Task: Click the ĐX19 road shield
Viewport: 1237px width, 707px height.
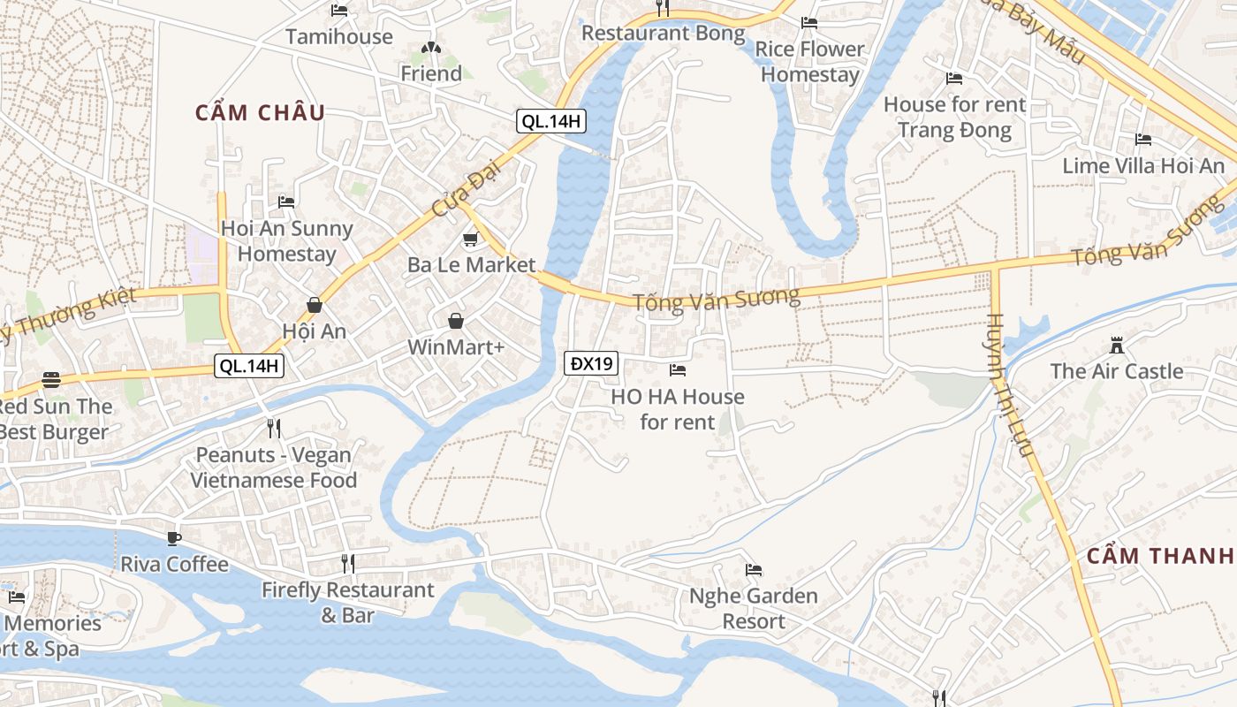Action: click(x=591, y=363)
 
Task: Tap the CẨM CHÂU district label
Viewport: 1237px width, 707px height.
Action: click(x=260, y=112)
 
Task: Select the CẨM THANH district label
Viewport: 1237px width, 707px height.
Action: click(x=1159, y=555)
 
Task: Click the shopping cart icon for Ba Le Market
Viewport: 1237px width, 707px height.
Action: click(x=471, y=239)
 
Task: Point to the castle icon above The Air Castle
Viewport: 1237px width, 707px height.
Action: click(x=1116, y=345)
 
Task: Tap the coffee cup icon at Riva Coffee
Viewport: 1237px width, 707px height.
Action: click(x=174, y=538)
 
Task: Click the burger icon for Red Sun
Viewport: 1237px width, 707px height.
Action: click(x=51, y=380)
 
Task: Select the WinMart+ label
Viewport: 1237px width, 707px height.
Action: click(x=455, y=347)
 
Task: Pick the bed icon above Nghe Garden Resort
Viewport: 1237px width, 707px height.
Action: click(x=753, y=570)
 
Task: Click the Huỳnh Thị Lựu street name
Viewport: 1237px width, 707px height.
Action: click(x=1009, y=384)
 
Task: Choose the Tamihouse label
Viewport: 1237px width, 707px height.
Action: click(x=338, y=36)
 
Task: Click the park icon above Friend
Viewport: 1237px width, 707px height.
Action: click(x=430, y=48)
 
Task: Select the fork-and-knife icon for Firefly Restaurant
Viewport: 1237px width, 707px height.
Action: click(x=348, y=563)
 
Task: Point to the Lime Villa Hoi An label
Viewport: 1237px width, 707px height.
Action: click(x=1143, y=165)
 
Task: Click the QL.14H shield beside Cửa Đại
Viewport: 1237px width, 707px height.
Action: click(x=551, y=122)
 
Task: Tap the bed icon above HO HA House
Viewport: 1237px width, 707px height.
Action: click(x=677, y=370)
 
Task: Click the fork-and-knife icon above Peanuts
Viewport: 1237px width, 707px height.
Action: click(x=274, y=429)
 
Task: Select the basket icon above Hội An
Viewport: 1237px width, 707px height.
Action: click(x=314, y=305)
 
